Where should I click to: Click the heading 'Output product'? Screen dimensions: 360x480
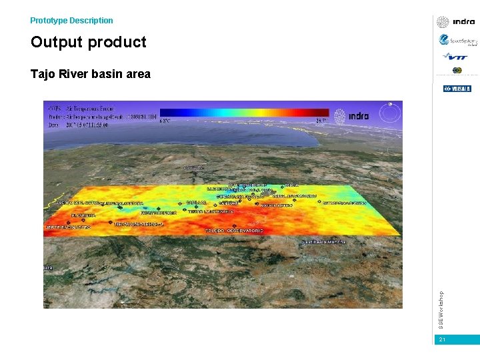88,42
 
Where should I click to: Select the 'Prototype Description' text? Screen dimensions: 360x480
71,21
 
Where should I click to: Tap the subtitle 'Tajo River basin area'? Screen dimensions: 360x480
90,74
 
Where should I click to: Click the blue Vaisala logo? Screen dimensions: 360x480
457,89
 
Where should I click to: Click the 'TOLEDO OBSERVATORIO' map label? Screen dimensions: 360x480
234,231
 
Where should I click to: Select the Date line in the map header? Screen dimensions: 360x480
78,125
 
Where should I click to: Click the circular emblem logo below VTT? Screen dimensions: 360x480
457,71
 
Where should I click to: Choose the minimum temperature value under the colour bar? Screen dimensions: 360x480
165,121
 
